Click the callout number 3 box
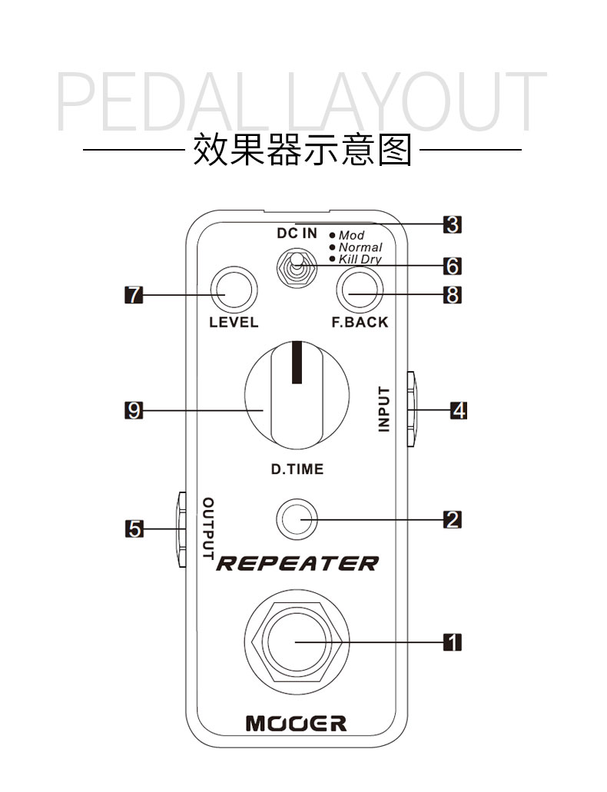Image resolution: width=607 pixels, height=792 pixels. click(453, 224)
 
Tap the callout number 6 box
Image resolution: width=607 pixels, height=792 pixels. click(453, 266)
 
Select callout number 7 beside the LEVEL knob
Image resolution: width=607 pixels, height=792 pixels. click(134, 294)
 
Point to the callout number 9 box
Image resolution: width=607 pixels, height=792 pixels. click(134, 411)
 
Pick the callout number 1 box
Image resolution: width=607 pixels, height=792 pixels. click(453, 642)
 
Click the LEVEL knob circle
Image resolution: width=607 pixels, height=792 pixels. click(234, 290)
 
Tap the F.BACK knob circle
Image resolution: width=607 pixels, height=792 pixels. click(360, 290)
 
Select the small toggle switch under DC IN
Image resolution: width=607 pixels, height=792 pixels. click(297, 269)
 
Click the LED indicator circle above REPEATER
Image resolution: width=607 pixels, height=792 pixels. click(297, 519)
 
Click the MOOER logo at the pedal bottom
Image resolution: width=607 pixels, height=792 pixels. click(296, 724)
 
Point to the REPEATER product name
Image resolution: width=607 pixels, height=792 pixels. click(297, 563)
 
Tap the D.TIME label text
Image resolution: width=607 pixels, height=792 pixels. click(297, 469)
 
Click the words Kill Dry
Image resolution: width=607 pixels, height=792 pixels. click(360, 260)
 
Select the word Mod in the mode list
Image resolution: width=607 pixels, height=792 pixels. click(351, 235)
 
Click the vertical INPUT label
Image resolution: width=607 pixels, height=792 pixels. click(384, 409)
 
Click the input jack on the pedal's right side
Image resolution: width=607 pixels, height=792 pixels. click(411, 409)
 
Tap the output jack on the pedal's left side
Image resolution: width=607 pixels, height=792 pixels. click(181, 529)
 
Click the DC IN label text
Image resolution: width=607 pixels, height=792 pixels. click(297, 234)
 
